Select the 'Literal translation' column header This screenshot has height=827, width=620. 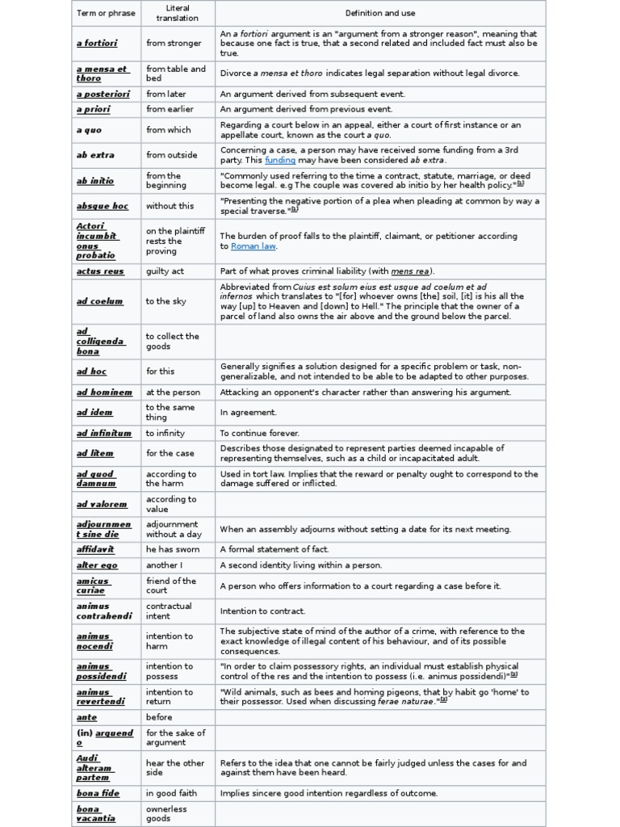(x=178, y=13)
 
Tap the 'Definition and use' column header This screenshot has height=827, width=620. (x=379, y=13)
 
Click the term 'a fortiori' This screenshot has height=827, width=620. (x=98, y=44)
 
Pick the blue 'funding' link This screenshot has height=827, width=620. (x=280, y=160)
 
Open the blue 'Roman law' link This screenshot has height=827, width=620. (x=253, y=246)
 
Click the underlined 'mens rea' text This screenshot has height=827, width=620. (x=410, y=271)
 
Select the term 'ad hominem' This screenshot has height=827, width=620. (x=104, y=393)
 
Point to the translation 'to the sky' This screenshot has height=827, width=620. (x=165, y=301)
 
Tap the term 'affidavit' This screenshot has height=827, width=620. (x=95, y=550)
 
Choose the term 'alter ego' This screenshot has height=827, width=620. (x=97, y=565)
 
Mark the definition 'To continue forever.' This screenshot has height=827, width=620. (x=259, y=434)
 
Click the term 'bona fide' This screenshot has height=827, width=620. (x=98, y=793)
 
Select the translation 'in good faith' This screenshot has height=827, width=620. (x=173, y=793)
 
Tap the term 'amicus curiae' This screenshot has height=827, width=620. (x=93, y=586)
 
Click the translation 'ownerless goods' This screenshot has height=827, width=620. (x=166, y=813)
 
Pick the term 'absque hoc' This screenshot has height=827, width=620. (x=102, y=206)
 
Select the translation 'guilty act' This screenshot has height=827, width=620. (x=165, y=271)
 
